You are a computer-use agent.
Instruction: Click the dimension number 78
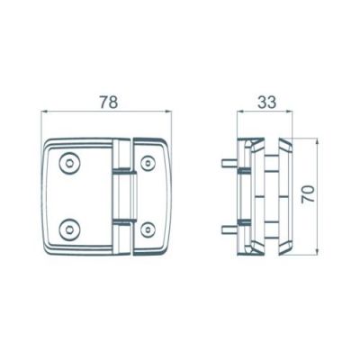tap(109, 102)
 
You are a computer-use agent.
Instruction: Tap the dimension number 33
tap(266, 102)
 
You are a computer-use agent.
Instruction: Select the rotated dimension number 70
tap(309, 194)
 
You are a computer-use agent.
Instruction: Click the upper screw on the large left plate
tap(69, 164)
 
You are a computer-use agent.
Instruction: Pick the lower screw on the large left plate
tap(69, 230)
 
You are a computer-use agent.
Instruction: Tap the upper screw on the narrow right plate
tap(148, 164)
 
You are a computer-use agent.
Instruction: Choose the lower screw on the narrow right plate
tap(148, 229)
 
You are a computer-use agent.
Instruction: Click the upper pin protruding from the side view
tap(229, 164)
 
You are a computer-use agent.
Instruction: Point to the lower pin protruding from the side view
tap(229, 229)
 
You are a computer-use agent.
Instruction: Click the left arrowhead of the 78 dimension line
tap(45, 112)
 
